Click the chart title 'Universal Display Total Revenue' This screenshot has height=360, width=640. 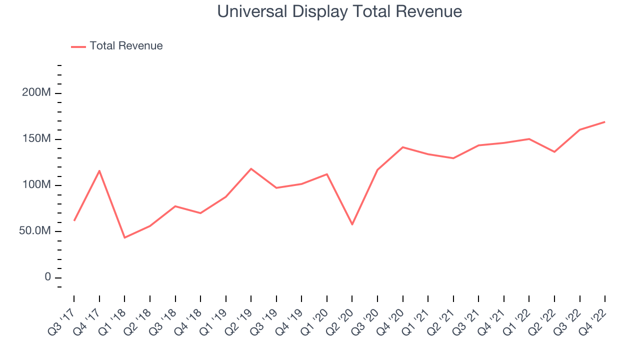339,11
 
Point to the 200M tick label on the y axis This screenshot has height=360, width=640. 36,93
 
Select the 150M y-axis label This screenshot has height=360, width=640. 36,139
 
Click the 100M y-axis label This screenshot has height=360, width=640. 36,185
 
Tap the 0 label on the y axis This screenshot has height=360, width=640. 48,277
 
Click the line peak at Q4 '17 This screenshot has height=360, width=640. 99,171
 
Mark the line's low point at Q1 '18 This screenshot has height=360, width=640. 124,237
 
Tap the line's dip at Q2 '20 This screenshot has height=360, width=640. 352,224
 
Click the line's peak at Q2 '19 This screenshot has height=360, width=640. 251,168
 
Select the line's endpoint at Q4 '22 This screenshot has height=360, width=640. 604,122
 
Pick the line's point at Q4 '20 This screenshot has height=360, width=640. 402,147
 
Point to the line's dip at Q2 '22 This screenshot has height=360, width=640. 554,151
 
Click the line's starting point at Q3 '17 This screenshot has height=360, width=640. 74,220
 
